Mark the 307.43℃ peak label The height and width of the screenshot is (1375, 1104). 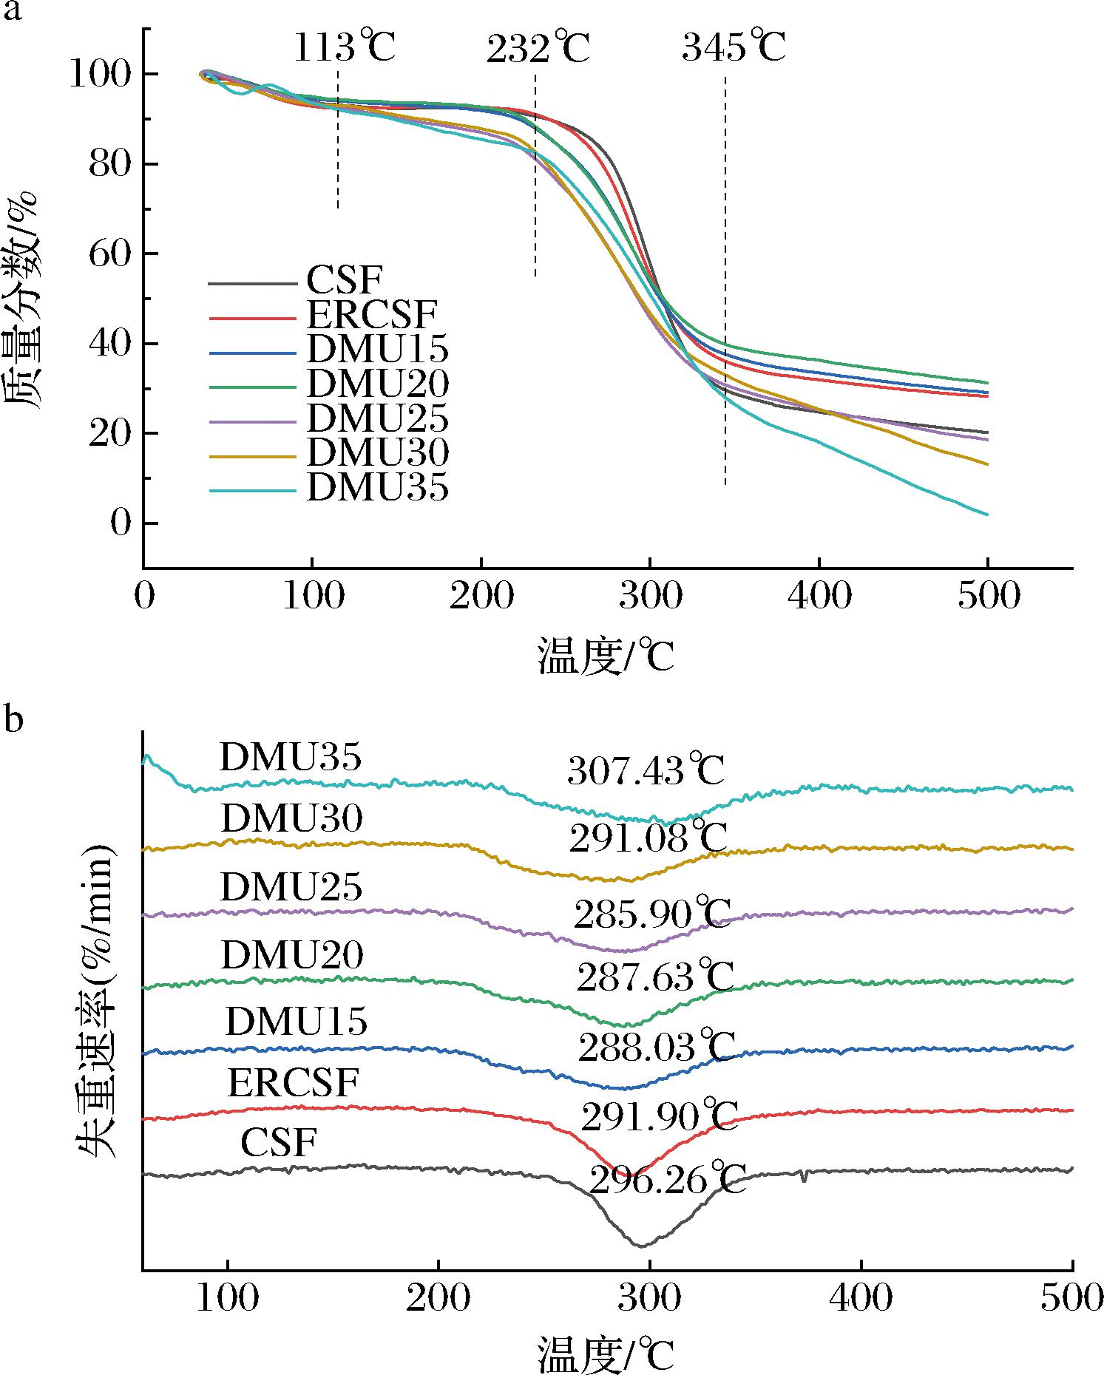646,770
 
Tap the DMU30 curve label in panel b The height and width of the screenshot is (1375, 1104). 291,818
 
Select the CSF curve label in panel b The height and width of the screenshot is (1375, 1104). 279,1143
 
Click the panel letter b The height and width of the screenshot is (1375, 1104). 13,719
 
